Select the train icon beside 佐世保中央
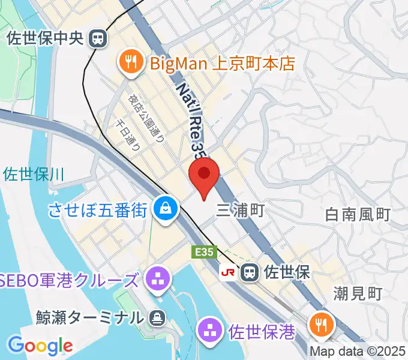coord(96,39)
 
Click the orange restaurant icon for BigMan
coord(130,62)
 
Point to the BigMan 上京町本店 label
coord(221,62)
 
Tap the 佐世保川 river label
coord(33,175)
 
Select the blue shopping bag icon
coord(163,208)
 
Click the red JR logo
coord(229,272)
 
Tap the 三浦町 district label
coord(240,210)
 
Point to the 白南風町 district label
coord(358,214)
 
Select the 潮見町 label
coord(358,293)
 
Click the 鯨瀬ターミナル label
coord(87,317)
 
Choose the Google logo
coord(41,345)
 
